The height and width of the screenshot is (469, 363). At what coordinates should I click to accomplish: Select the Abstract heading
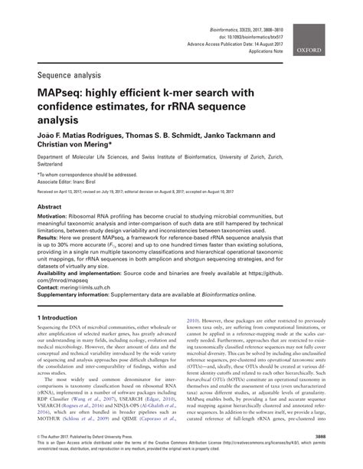(x=50, y=207)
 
